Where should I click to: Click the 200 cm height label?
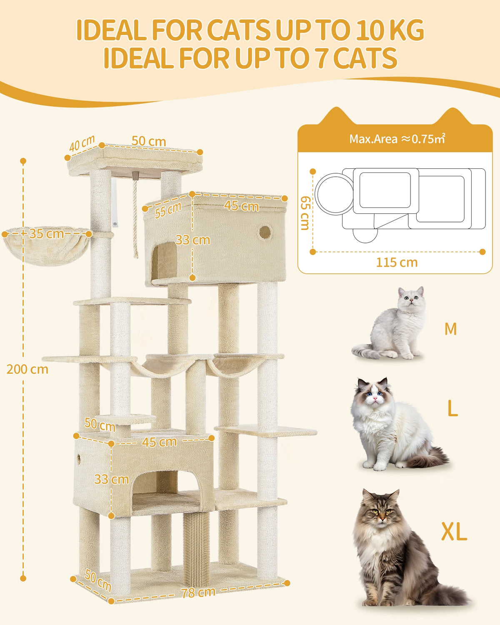(x=27, y=369)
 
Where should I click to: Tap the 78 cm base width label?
(x=198, y=592)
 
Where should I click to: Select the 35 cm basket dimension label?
(x=46, y=233)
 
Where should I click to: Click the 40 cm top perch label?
(x=82, y=144)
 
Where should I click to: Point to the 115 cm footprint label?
(x=397, y=262)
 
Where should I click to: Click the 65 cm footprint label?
(x=305, y=212)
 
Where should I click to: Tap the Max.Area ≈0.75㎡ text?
(x=397, y=139)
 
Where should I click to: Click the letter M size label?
(x=450, y=329)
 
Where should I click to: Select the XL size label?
(x=454, y=532)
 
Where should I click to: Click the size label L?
(x=452, y=409)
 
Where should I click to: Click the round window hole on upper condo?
(x=265, y=232)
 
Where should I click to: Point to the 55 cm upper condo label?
(x=168, y=210)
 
